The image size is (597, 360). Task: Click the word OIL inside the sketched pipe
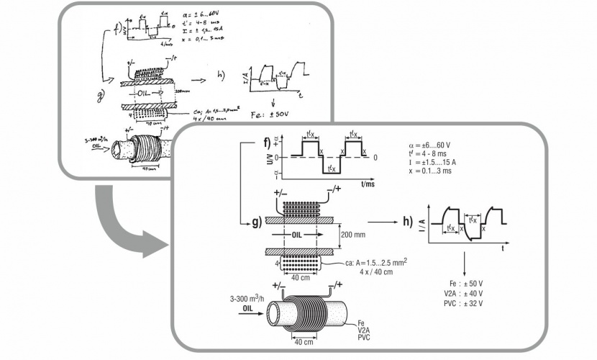(139, 94)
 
